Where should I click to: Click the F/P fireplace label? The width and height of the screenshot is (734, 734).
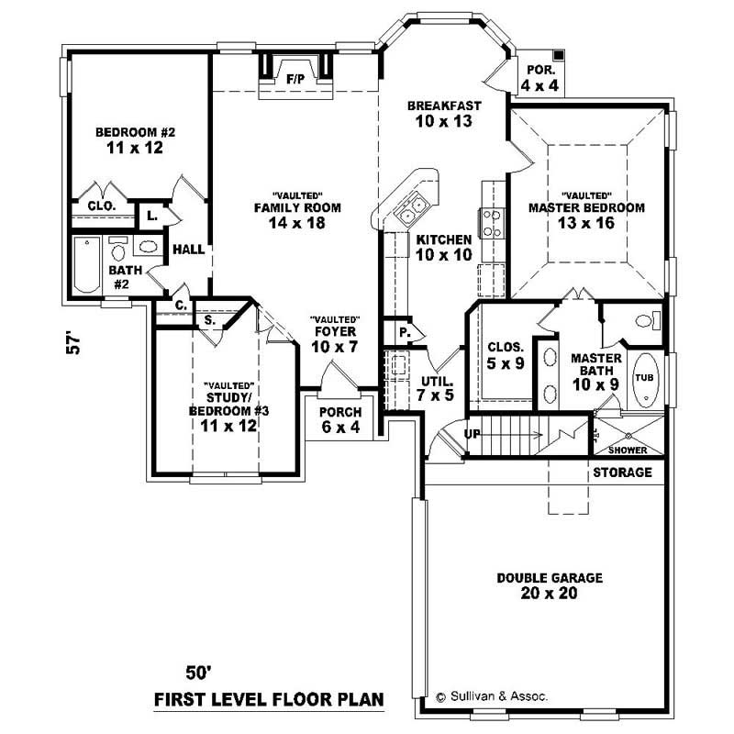tap(295, 79)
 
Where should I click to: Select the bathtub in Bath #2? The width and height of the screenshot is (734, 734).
tap(87, 265)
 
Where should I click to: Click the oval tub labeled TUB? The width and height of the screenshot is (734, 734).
tap(646, 378)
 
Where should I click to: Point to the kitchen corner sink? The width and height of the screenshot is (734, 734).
tap(409, 209)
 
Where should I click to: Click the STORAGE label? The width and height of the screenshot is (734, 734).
tap(622, 473)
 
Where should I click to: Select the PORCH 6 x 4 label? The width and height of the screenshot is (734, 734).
tap(339, 418)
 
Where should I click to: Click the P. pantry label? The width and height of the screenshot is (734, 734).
tap(403, 331)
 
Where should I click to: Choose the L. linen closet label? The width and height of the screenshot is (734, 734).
tap(150, 217)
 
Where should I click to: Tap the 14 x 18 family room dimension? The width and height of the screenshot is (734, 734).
tap(297, 222)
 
